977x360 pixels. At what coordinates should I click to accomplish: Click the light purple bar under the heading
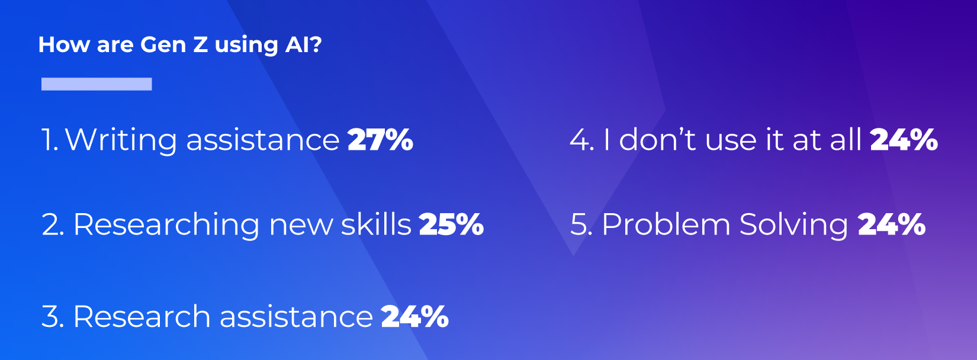tap(97, 83)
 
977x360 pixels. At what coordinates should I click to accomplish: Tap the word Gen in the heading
tap(163, 44)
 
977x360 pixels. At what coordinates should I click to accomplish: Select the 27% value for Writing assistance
tap(380, 140)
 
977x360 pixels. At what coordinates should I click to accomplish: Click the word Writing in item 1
tap(121, 140)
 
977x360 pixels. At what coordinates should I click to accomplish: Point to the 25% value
tap(451, 224)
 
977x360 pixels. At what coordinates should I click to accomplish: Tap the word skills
tap(376, 224)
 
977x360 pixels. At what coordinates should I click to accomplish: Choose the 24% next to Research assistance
tap(414, 316)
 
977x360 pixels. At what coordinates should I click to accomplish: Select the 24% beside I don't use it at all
tap(904, 140)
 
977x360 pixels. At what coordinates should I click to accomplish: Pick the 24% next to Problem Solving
tap(892, 224)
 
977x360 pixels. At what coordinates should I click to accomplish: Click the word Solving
tap(794, 225)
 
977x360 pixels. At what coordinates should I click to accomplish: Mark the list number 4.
tap(582, 140)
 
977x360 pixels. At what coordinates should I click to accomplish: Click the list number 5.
tap(581, 225)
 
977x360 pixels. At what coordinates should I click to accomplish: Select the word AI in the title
tap(297, 44)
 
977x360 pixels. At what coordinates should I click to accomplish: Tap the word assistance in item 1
tap(262, 140)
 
